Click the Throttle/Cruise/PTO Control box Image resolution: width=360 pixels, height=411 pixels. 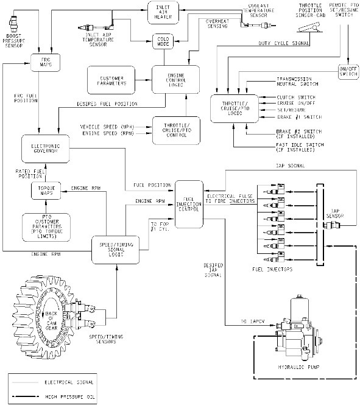click(174, 130)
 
